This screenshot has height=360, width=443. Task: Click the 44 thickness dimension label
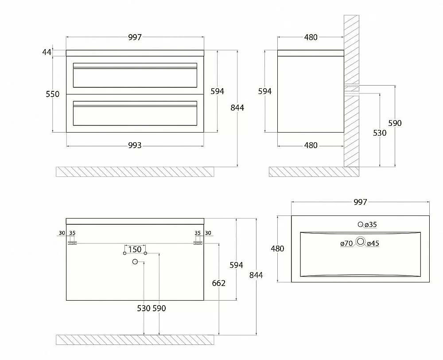click(47, 52)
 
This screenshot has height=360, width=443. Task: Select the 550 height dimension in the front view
click(53, 94)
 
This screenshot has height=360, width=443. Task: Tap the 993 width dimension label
click(135, 145)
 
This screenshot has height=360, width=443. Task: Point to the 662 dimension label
click(219, 283)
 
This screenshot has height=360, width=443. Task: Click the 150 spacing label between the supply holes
click(135, 250)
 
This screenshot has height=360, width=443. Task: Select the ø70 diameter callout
click(347, 243)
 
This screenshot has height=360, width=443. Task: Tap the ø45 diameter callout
click(373, 243)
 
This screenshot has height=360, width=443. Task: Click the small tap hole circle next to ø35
click(360, 224)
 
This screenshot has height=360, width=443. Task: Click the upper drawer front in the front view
click(135, 75)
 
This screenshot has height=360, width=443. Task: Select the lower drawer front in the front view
click(135, 113)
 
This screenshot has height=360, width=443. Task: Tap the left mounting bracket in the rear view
click(72, 243)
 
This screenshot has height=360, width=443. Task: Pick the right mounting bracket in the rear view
click(198, 243)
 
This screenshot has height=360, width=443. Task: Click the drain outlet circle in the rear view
click(135, 262)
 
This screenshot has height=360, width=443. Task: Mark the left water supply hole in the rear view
click(124, 253)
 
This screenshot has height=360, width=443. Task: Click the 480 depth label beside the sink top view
click(277, 249)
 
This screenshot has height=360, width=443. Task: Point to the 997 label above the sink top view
click(360, 202)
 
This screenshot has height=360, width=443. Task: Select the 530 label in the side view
click(380, 133)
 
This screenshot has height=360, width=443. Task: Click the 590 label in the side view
click(395, 123)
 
